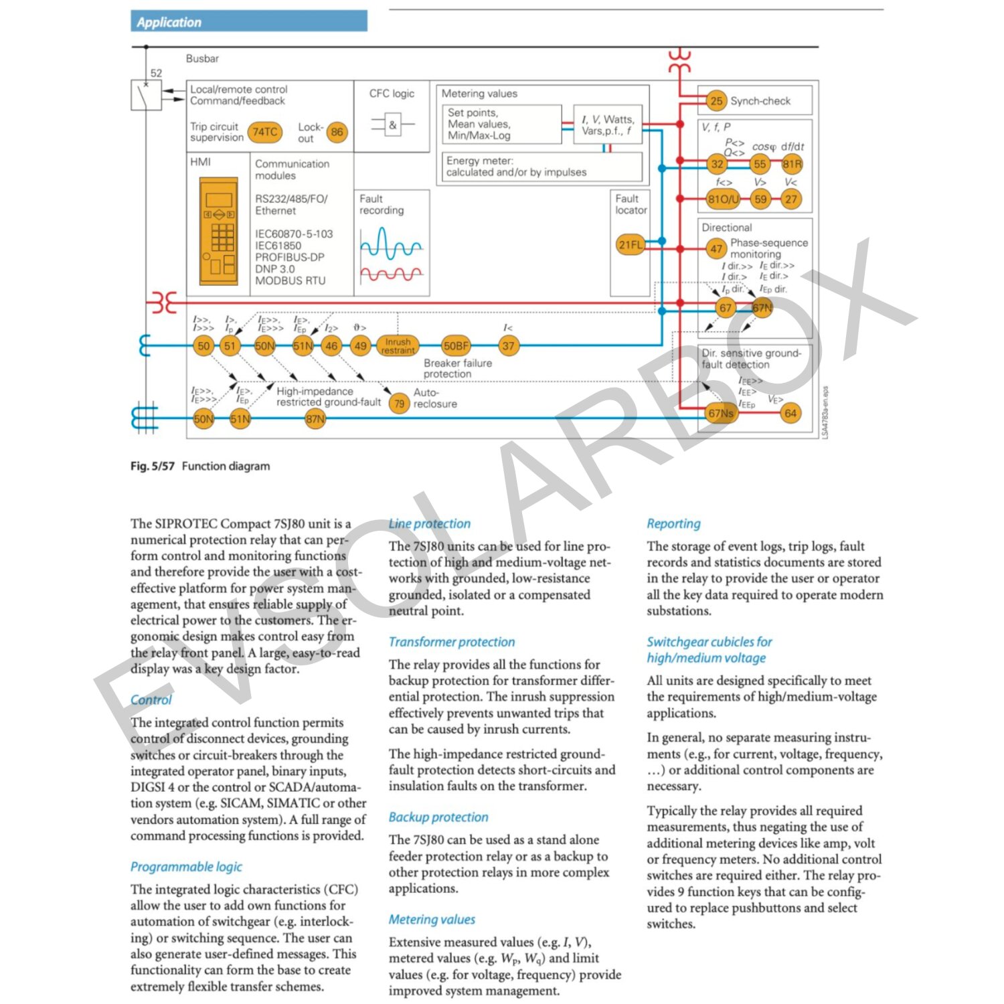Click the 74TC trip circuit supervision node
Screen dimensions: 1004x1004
coord(265,132)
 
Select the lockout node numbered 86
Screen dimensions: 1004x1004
coord(337,132)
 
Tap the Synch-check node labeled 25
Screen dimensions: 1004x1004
coord(716,101)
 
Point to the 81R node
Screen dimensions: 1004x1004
coord(792,164)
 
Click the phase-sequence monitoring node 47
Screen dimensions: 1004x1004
coord(716,249)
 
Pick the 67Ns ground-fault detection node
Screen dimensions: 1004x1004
coord(721,413)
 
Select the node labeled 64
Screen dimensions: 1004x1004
coord(790,413)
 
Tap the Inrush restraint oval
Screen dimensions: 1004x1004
coord(398,346)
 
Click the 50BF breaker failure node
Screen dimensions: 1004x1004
coord(456,346)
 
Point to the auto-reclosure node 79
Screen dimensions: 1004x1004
coord(399,403)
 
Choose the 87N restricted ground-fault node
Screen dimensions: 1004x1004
coord(315,419)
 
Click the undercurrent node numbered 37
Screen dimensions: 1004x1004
coord(509,346)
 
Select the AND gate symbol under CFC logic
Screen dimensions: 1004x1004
coord(392,124)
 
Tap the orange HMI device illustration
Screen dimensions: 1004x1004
coord(219,232)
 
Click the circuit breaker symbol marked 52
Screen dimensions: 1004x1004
coord(146,95)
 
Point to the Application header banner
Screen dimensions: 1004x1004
coord(249,21)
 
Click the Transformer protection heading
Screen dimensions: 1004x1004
coord(452,642)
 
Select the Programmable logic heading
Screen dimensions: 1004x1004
coord(186,867)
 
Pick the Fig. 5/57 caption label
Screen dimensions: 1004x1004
coord(152,466)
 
